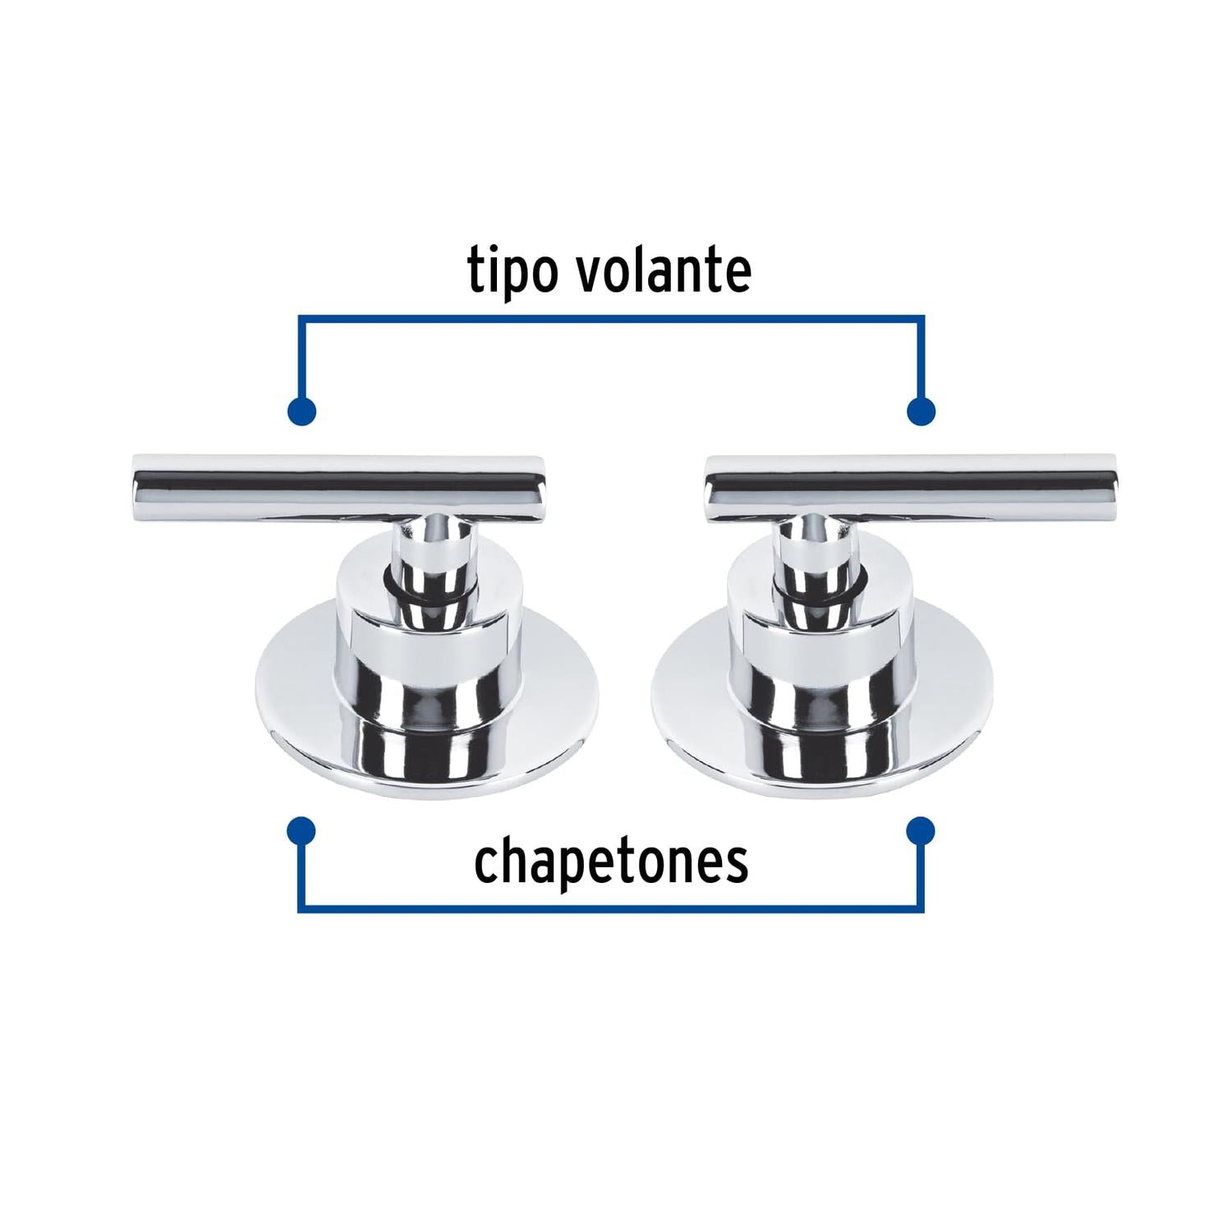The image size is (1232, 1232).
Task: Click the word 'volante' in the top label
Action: coord(663,270)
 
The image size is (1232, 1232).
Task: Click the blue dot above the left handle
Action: coord(302,411)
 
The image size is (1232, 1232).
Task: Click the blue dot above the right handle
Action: coord(921,411)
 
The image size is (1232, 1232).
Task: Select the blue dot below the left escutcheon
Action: coord(302,831)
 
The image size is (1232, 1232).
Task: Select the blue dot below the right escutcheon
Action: coord(921,831)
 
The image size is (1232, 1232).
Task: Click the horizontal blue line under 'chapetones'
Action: coord(611,909)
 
